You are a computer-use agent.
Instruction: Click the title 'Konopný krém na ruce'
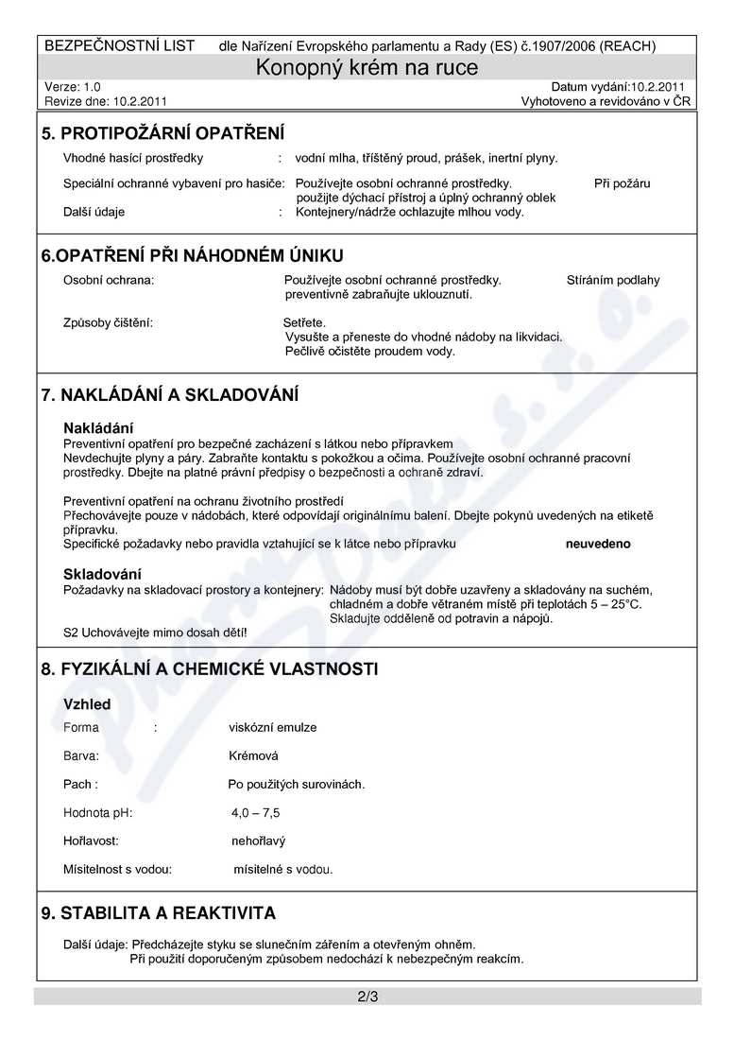click(x=367, y=68)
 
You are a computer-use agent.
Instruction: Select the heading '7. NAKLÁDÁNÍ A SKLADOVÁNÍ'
click(x=170, y=393)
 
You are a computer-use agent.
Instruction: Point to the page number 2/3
click(x=367, y=997)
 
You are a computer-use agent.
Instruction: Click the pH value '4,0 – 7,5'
click(x=255, y=812)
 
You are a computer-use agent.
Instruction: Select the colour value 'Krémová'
click(x=254, y=755)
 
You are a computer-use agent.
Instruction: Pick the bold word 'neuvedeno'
click(x=598, y=545)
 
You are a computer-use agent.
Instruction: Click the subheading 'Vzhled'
click(x=87, y=704)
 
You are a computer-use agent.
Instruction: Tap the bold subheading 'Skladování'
click(x=102, y=574)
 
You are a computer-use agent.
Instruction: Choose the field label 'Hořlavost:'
click(x=91, y=841)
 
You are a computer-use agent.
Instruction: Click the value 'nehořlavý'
click(x=258, y=841)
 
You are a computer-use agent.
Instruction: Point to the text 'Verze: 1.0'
click(x=73, y=86)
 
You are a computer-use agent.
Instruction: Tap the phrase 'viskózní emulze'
click(x=273, y=727)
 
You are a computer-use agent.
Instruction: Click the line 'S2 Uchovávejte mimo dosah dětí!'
click(x=155, y=632)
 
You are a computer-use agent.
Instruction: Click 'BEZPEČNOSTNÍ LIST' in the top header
click(x=120, y=45)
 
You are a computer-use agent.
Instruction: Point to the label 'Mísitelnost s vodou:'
click(x=118, y=869)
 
